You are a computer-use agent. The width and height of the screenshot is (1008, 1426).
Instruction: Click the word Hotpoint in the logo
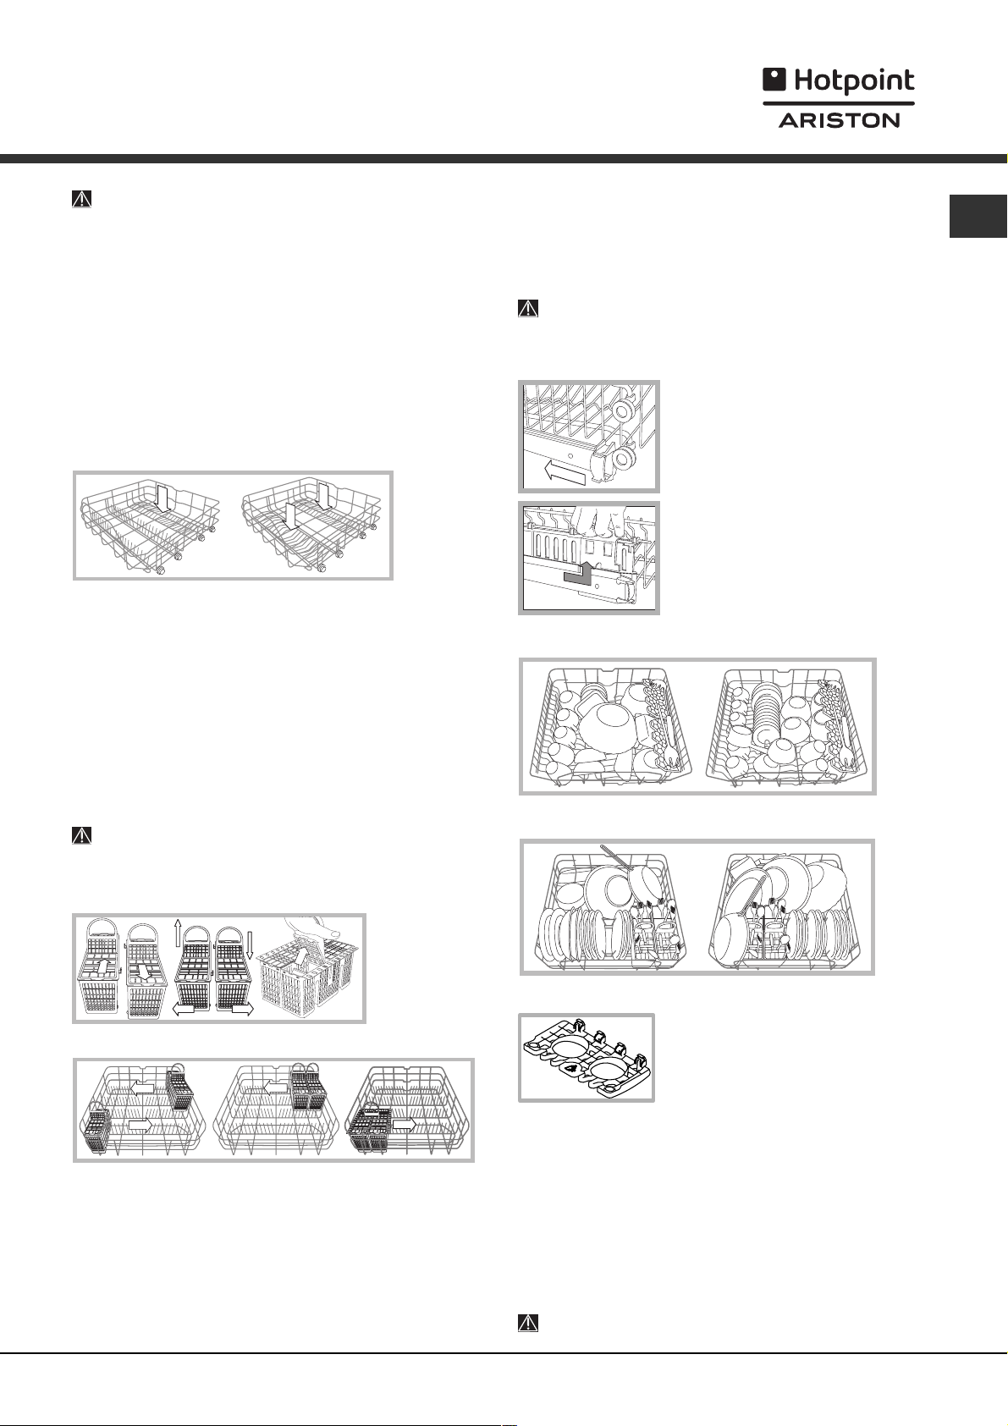(854, 81)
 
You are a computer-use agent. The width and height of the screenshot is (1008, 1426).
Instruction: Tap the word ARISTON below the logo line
(839, 119)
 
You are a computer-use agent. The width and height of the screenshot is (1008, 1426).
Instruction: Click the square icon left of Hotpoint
(774, 80)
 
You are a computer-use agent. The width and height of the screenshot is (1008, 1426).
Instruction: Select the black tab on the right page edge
(978, 217)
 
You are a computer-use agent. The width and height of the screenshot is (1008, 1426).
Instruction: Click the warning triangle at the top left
(81, 199)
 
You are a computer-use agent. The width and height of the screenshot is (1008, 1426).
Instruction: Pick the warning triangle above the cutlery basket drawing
(81, 835)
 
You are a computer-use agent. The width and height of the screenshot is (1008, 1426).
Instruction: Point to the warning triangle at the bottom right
(528, 1323)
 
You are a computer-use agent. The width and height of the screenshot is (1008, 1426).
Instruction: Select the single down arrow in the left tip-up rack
(162, 498)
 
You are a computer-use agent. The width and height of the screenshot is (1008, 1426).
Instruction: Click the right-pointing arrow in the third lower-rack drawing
(405, 1125)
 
